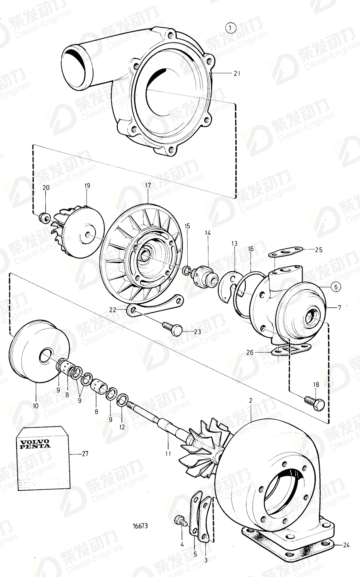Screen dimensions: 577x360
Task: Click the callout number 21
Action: pyautogui.click(x=237, y=73)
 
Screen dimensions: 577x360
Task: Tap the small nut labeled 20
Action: pyautogui.click(x=42, y=218)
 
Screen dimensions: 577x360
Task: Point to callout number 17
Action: pyautogui.click(x=148, y=185)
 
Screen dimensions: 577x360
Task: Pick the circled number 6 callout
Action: pyautogui.click(x=335, y=287)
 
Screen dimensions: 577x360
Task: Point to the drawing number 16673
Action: pyautogui.click(x=140, y=526)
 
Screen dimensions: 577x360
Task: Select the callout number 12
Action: pyautogui.click(x=122, y=426)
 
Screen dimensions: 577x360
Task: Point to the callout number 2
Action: pyautogui.click(x=250, y=400)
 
